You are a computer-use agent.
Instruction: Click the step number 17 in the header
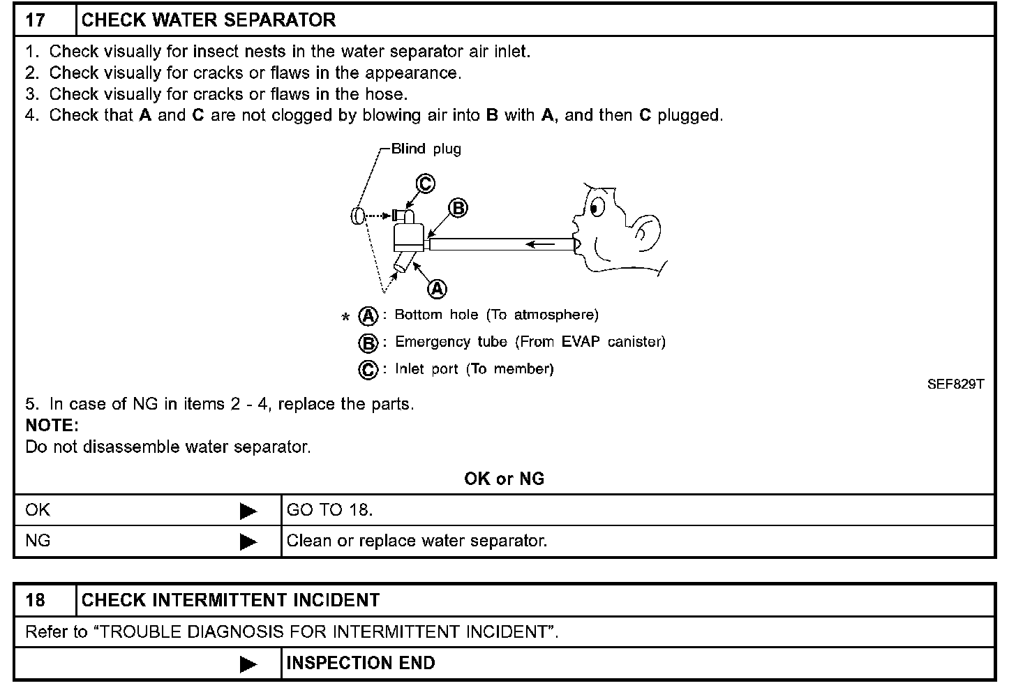tap(36, 20)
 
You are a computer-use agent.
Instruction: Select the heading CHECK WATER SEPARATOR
tap(208, 20)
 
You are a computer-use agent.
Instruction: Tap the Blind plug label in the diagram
tap(426, 149)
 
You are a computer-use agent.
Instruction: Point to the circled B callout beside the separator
tap(458, 208)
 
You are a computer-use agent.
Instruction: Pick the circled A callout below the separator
tap(437, 288)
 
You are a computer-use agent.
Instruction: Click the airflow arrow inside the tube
tap(541, 244)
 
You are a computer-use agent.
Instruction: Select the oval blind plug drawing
tap(357, 216)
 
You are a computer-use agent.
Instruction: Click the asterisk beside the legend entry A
tap(345, 318)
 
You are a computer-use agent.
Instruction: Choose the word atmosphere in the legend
tap(555, 315)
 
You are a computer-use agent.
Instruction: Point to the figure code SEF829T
tap(955, 384)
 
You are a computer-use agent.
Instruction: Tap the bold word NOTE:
tap(52, 426)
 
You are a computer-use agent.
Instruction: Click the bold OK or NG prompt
tap(504, 479)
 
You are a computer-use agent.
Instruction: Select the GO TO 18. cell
tap(330, 510)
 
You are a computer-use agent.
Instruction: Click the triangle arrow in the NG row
tap(248, 541)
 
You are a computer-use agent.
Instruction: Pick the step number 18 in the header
tap(36, 600)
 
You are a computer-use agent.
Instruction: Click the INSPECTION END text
tap(361, 663)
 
